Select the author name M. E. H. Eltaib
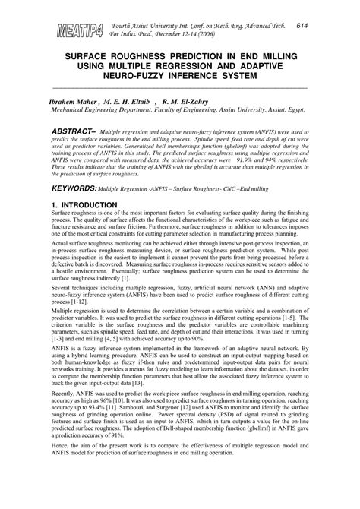click(x=128, y=100)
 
